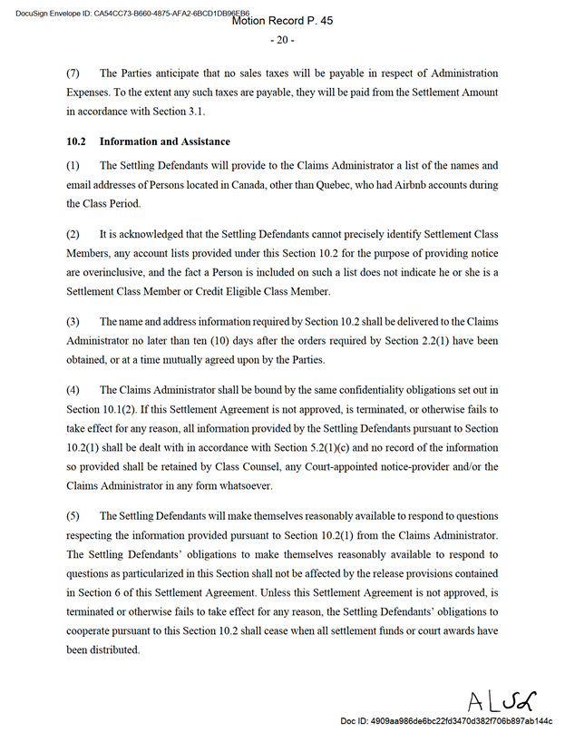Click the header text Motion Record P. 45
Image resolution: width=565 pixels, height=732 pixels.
tap(282, 21)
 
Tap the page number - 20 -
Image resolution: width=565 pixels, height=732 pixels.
tap(282, 40)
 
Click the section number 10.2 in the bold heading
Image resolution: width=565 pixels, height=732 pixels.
tap(75, 142)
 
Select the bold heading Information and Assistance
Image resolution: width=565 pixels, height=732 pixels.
tap(164, 142)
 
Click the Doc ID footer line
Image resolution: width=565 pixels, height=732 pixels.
tap(445, 720)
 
